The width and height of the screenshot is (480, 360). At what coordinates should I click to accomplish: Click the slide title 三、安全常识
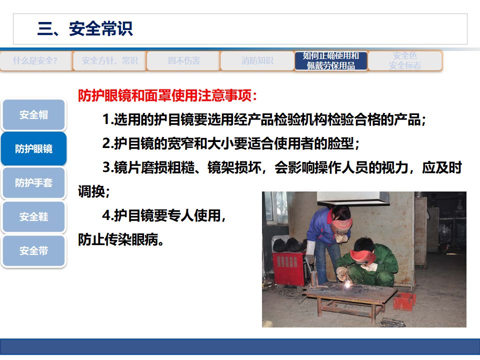pos(85,29)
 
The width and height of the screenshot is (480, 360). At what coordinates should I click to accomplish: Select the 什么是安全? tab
pos(35,61)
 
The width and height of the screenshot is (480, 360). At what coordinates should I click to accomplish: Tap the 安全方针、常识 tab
pos(109,61)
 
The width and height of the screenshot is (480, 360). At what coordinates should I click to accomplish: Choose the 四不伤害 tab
pos(183,61)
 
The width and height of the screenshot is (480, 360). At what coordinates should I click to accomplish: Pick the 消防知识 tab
pos(257,61)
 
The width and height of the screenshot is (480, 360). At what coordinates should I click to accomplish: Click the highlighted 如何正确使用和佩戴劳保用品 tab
pos(331,61)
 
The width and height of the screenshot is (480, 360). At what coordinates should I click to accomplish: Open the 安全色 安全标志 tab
pos(405,61)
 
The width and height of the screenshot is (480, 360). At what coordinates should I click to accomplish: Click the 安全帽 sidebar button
pos(33,115)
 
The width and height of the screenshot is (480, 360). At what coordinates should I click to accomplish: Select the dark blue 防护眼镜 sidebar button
pos(33,149)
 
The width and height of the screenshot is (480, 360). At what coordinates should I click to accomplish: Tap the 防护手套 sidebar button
pos(33,183)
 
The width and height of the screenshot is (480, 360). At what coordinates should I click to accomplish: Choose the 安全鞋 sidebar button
pos(33,217)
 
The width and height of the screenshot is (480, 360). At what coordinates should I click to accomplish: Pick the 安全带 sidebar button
pos(33,251)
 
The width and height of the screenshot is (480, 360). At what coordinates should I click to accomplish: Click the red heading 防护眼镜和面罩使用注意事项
pos(167,96)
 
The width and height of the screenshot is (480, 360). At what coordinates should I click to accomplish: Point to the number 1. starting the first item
pos(107,120)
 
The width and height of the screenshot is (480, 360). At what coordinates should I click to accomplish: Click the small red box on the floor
pos(404,300)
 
